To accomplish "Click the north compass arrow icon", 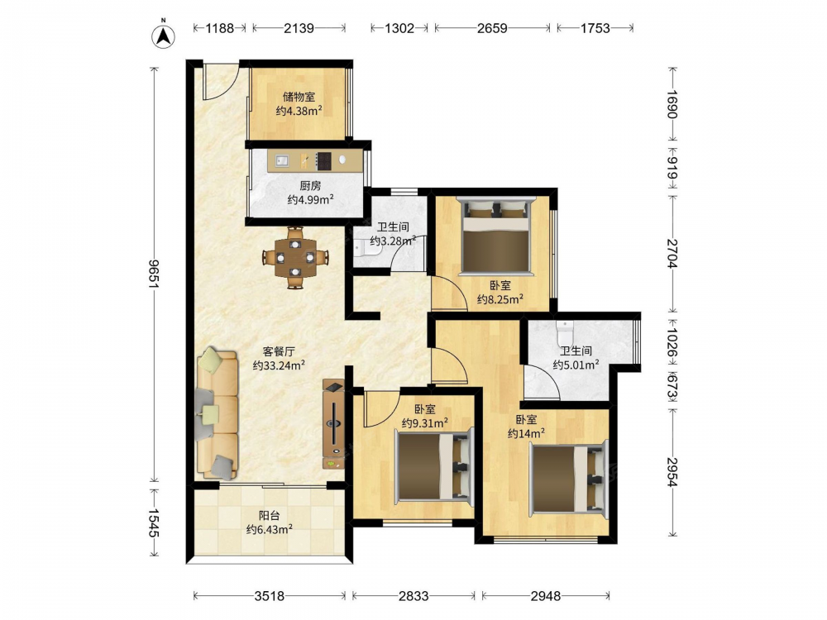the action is (164, 36).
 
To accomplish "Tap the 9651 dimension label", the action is (154, 274).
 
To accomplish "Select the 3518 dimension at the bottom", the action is (270, 596).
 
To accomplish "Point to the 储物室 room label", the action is (299, 97).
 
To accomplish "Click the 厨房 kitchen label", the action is (310, 185).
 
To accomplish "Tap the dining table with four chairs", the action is (295, 258).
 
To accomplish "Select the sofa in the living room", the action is (218, 413).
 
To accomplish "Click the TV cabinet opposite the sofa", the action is (333, 424).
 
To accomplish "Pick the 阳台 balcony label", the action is (269, 516).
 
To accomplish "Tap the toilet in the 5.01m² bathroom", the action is (564, 331).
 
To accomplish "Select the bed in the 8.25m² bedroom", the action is (495, 235).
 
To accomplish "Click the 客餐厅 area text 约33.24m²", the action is (279, 365).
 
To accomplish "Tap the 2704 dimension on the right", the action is (672, 254).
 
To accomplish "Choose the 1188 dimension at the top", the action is (219, 28).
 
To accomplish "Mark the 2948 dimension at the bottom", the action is (545, 596).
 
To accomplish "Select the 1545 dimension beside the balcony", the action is (154, 522).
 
